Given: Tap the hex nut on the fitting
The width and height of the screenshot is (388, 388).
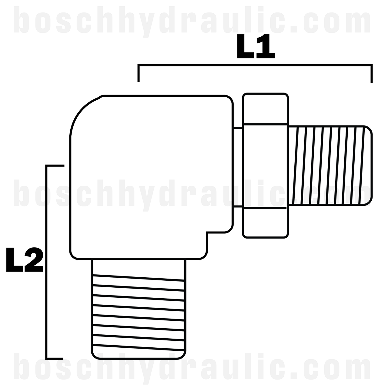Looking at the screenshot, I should (x=265, y=166).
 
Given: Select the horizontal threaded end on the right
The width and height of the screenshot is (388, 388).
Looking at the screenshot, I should (x=329, y=166).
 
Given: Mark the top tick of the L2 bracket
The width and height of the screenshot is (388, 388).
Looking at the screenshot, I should (x=55, y=166).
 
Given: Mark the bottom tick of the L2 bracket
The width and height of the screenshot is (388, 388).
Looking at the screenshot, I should (x=55, y=358).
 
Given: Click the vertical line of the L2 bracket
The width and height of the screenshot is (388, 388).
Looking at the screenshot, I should (x=46, y=261).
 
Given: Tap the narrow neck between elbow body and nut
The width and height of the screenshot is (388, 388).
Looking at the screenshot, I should (x=238, y=167).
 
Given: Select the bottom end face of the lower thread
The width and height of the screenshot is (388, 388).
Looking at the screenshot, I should (x=138, y=358).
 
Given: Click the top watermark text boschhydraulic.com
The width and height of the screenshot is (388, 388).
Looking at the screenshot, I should (x=194, y=20).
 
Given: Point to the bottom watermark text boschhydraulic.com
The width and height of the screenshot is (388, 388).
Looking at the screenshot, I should (x=194, y=368).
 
